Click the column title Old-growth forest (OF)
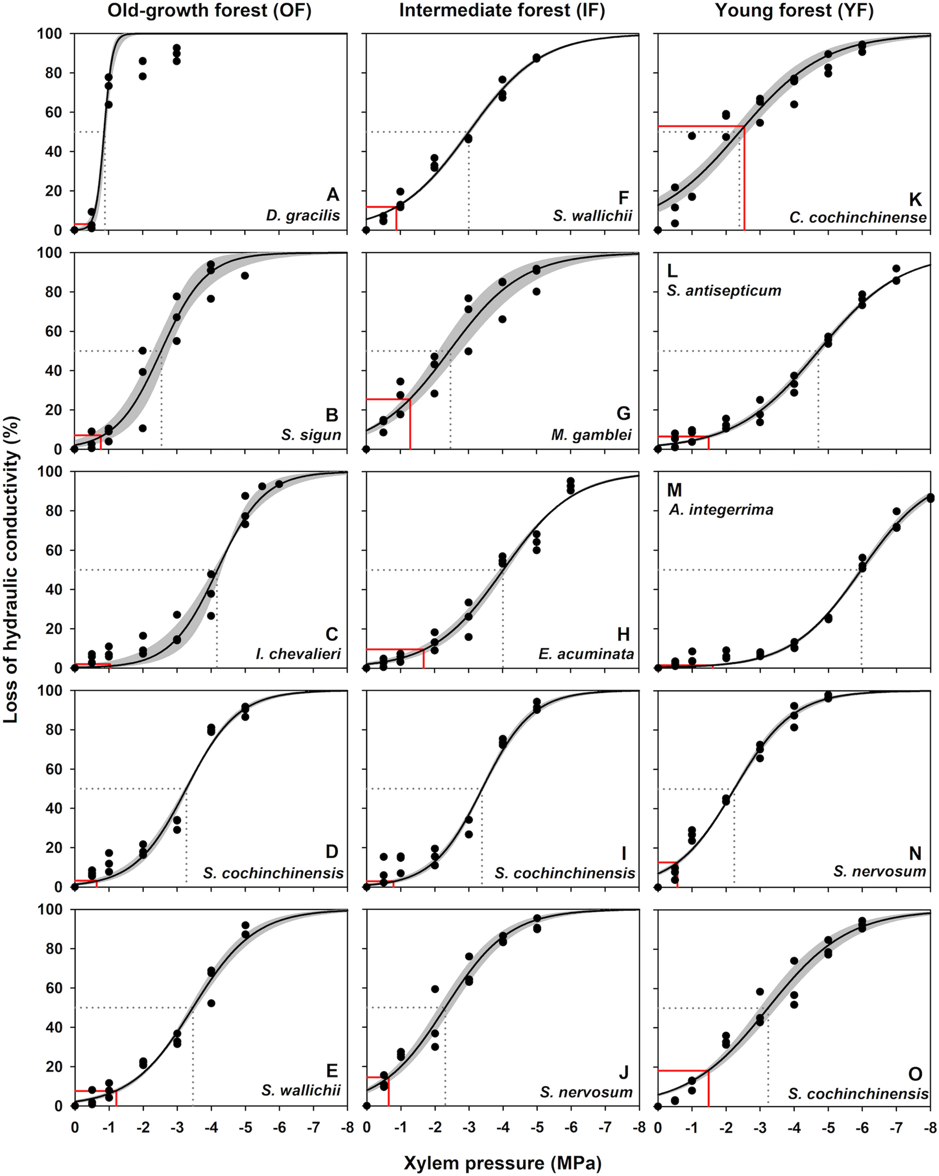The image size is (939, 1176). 209,10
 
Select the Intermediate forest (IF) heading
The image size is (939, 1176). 502,10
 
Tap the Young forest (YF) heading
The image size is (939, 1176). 794,10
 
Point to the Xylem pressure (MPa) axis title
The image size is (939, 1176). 503,1163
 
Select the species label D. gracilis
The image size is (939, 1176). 303,215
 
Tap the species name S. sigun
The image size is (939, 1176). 311,435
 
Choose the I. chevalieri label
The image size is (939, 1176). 298,653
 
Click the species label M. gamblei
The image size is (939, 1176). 591,435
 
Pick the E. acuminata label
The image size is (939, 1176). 586,653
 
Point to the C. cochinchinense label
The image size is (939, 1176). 858,218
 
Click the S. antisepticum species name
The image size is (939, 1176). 724,290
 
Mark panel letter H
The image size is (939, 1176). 623,634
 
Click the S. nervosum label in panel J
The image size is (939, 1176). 587,1092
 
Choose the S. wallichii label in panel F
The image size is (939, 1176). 592,215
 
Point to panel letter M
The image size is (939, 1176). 675,490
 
